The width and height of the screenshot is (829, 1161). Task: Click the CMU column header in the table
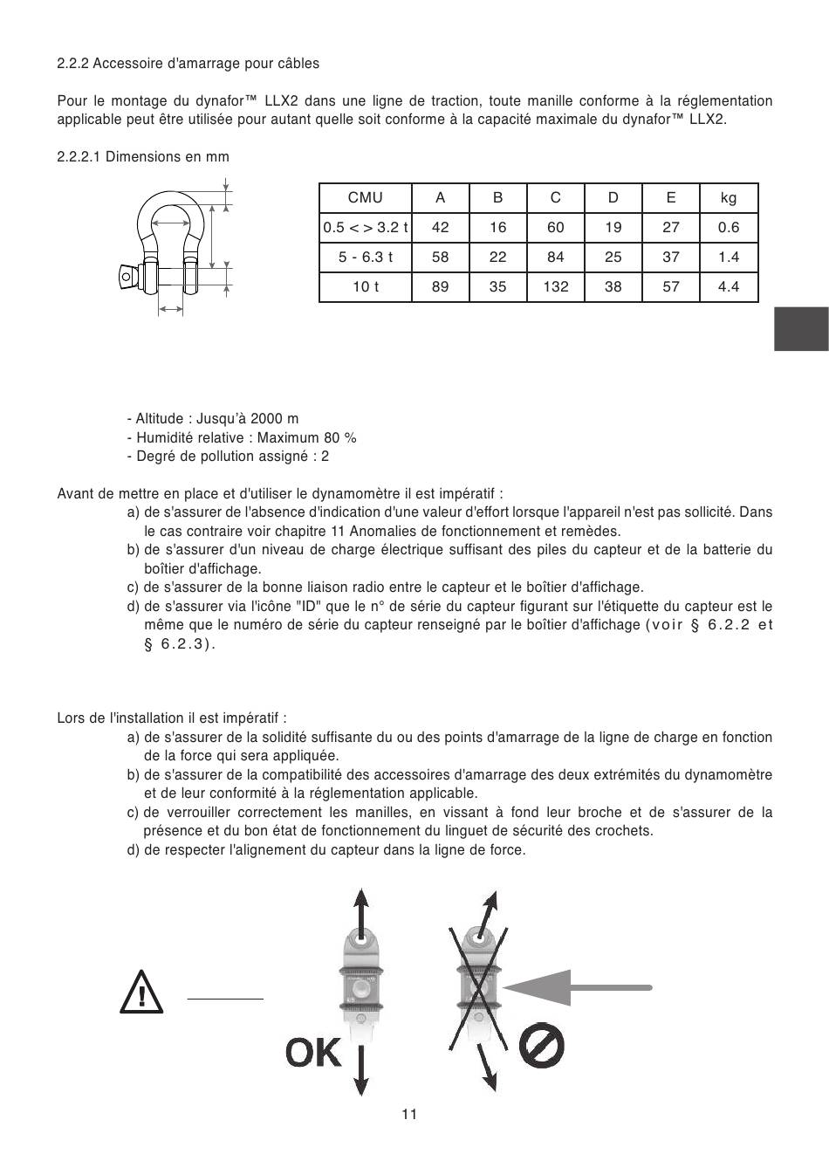click(365, 198)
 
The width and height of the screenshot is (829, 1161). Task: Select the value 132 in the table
click(555, 286)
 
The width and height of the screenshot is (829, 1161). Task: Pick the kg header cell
click(729, 198)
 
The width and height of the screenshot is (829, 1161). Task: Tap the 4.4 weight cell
click(729, 286)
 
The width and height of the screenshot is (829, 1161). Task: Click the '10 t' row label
click(365, 286)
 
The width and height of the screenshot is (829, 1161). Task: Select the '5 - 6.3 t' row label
click(365, 257)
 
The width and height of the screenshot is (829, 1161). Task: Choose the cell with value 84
click(555, 257)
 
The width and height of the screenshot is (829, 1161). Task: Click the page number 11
click(409, 1114)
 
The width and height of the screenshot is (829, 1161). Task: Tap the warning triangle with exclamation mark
click(140, 992)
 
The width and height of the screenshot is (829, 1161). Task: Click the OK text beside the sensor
click(313, 1053)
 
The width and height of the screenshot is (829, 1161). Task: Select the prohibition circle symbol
click(541, 1045)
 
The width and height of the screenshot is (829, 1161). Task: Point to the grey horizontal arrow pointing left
click(577, 987)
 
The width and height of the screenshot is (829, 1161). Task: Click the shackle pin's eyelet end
click(128, 278)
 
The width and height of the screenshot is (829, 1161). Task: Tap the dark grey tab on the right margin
click(800, 329)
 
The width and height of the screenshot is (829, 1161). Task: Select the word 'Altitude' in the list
click(162, 419)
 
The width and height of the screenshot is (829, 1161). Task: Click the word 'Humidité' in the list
click(163, 438)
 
